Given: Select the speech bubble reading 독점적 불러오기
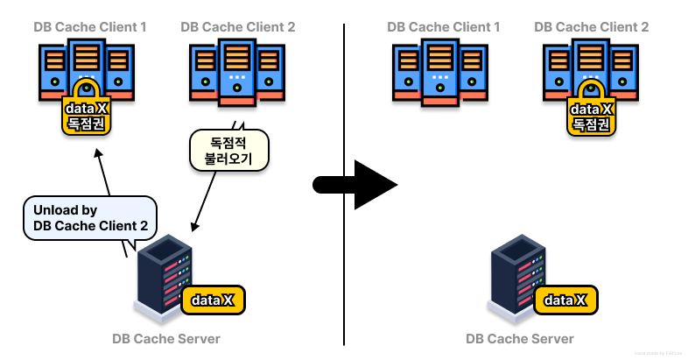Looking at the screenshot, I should tap(228, 150).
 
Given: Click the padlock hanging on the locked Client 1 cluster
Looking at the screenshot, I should tap(86, 109).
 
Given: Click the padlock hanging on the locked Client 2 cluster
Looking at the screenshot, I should tap(592, 109).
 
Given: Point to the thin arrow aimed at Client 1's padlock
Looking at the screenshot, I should tap(103, 171).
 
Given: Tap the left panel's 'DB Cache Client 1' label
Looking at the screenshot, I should tap(90, 27).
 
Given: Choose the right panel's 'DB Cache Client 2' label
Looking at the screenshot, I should tap(592, 27).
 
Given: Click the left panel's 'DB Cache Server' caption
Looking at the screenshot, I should tap(166, 339).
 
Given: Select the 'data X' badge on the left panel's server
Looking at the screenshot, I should tap(214, 300).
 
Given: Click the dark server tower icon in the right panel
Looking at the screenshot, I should tap(516, 276).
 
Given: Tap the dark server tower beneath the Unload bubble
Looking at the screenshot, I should tap(163, 276).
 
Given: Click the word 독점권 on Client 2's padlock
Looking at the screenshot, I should tap(592, 124).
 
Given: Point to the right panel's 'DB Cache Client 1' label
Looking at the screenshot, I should tap(444, 27).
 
